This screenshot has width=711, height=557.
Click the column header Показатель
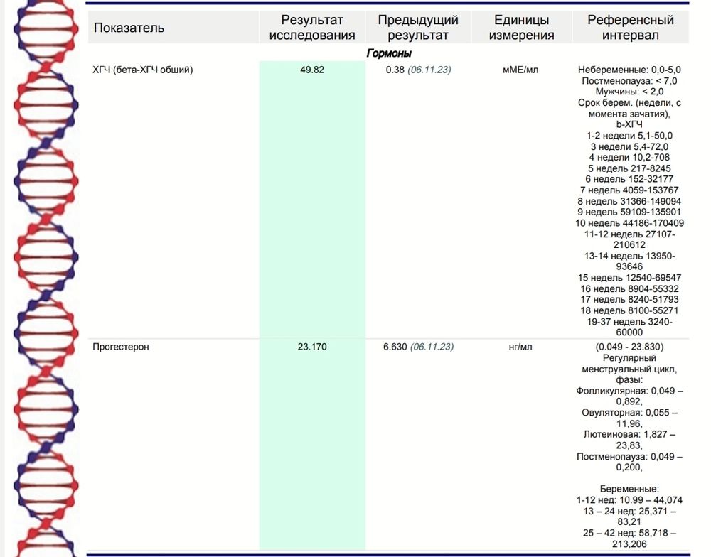129,28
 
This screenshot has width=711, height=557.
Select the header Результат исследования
312,28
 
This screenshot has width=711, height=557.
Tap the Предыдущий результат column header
418,28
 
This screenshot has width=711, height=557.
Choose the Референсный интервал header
630,28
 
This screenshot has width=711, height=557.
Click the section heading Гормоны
389,53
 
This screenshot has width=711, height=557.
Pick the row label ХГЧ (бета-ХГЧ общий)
143,70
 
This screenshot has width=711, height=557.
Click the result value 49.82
312,70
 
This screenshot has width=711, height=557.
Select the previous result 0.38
395,70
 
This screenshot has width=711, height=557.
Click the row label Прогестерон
121,347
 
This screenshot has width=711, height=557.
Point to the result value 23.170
312,347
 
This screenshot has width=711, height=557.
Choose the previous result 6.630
395,347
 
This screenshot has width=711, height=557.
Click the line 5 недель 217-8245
630,168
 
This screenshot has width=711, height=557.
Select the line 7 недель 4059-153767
630,190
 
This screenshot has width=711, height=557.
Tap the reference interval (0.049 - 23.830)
630,347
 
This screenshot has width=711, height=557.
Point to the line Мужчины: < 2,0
630,92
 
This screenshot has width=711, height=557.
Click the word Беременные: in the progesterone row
630,489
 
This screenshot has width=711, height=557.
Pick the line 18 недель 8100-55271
630,310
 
